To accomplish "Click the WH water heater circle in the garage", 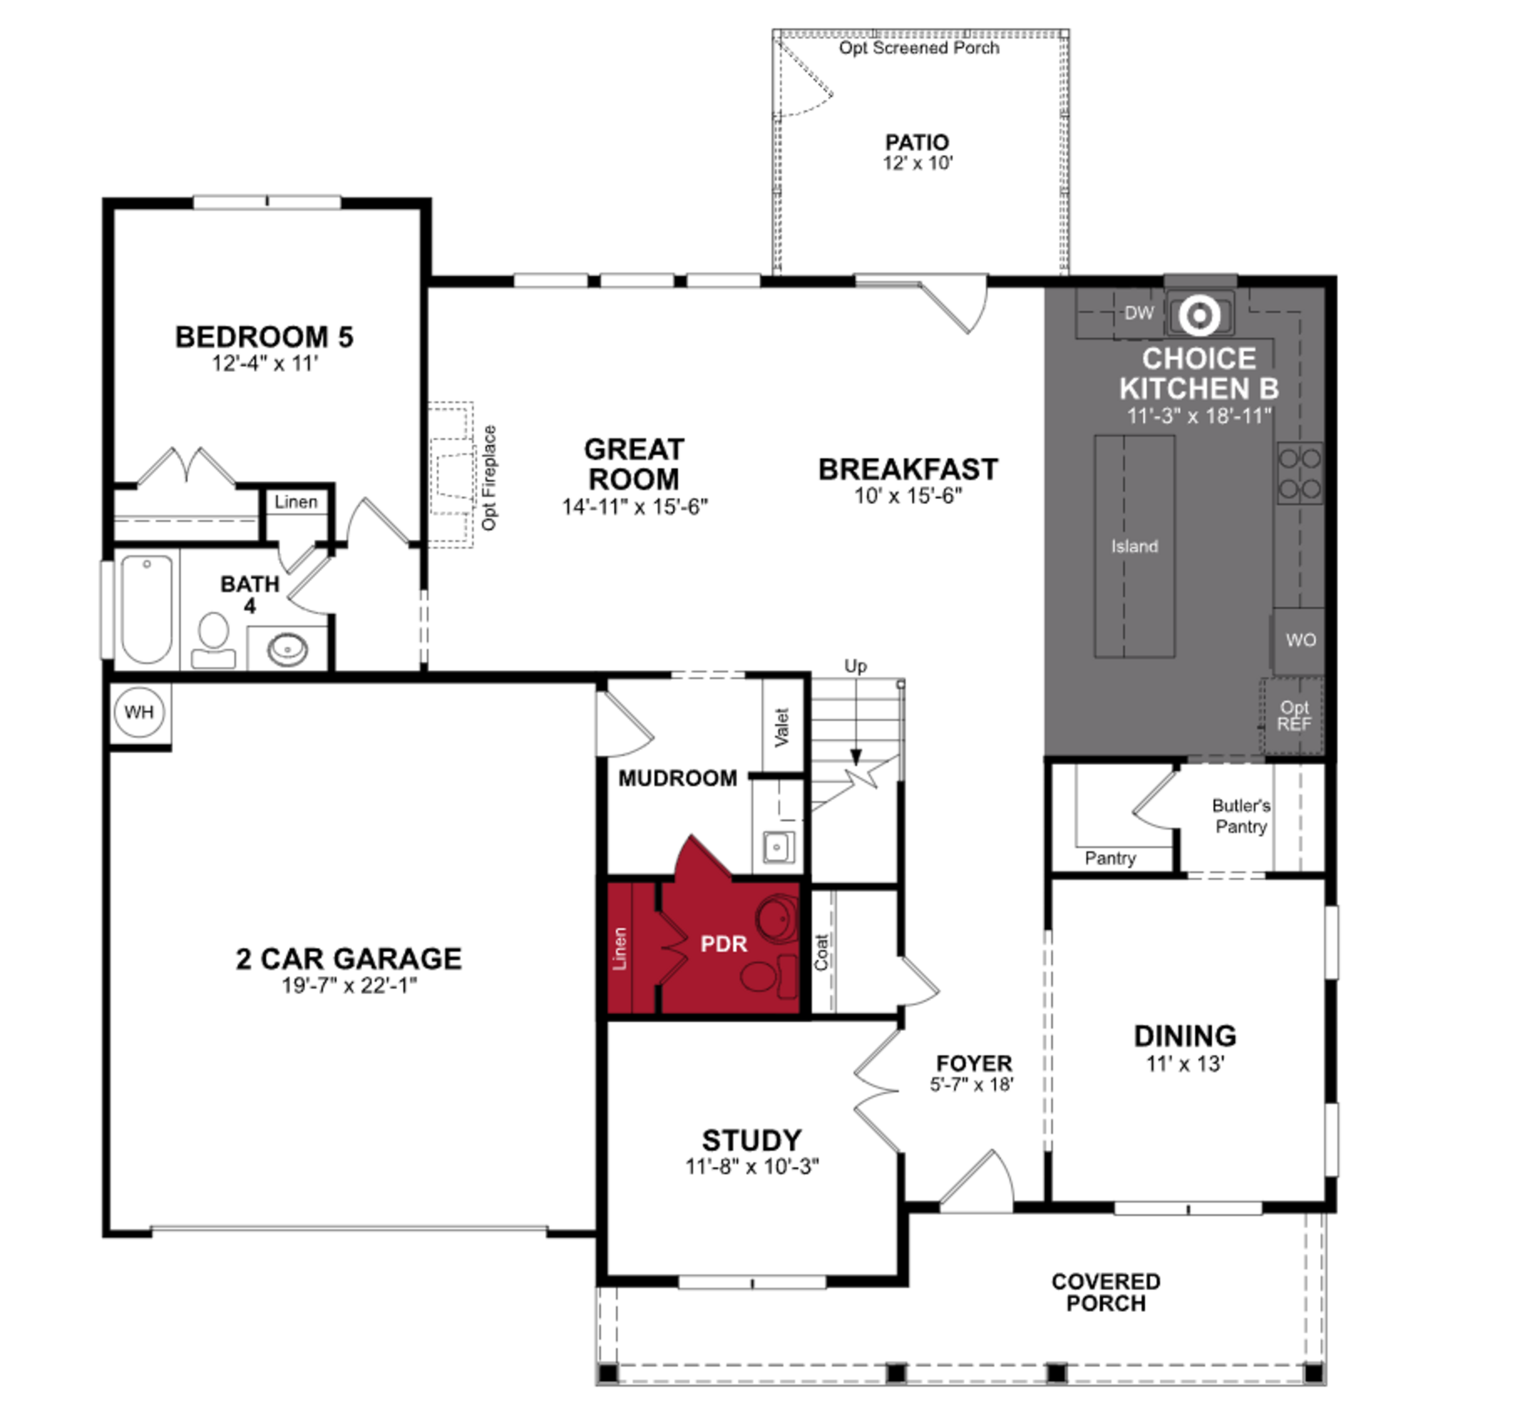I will click(x=139, y=712).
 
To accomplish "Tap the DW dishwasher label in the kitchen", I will click(x=1139, y=313).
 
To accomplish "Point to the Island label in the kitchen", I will click(x=1134, y=546).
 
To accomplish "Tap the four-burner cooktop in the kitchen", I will click(x=1300, y=473).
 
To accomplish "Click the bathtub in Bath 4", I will click(x=147, y=609).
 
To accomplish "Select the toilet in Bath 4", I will click(x=213, y=640).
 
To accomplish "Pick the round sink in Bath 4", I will click(x=287, y=649).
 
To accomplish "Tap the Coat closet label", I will click(x=821, y=952).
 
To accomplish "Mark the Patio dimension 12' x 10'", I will click(x=917, y=163).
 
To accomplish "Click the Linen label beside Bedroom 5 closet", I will click(x=296, y=502).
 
